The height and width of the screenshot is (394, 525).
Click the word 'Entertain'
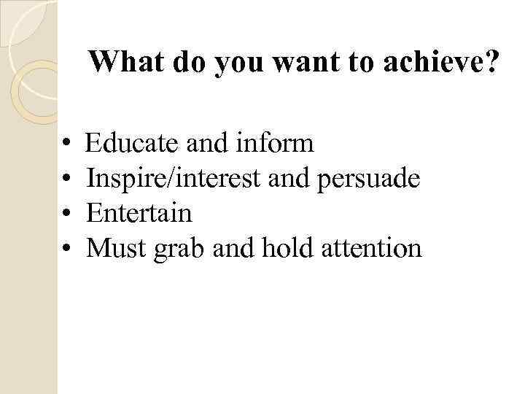139,214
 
